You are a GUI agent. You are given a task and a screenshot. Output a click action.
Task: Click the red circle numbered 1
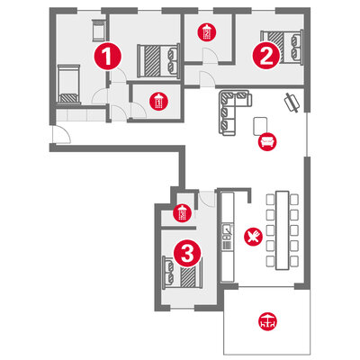tap(108, 57)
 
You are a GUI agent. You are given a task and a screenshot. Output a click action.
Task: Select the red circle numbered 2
tap(266, 56)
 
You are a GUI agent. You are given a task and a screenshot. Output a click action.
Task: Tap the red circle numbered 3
tap(187, 254)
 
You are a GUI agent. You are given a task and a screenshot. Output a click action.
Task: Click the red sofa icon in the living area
tap(267, 141)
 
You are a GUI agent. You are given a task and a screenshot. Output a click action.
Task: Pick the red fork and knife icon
tap(253, 236)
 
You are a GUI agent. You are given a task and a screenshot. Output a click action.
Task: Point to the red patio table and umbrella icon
tap(267, 321)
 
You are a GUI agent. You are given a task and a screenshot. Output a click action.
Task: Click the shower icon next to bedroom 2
tap(207, 32)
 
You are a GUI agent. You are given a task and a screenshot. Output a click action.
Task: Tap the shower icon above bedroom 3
tap(182, 212)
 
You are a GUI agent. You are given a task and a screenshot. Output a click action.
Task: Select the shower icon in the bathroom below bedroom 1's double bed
tap(158, 102)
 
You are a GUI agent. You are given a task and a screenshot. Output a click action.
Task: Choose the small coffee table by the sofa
tap(260, 126)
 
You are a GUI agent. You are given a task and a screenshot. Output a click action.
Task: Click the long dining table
tap(283, 230)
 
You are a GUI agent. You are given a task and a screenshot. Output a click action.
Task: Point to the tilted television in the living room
tap(292, 103)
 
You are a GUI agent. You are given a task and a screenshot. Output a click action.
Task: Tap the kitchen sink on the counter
tap(227, 229)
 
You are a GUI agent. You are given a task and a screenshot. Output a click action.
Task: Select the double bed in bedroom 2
tap(282, 47)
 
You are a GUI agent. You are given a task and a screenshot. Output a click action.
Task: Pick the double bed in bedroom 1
tap(158, 61)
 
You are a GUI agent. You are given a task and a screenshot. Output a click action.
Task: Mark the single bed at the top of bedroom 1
tap(98, 31)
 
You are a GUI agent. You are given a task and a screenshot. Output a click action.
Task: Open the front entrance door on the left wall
tap(61, 134)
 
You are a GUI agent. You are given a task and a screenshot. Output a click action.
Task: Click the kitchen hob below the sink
tap(227, 244)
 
